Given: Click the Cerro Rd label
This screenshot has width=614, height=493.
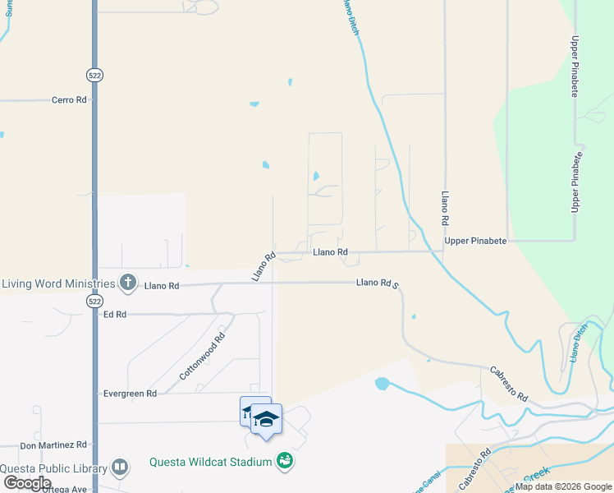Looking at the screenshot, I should tap(69, 100).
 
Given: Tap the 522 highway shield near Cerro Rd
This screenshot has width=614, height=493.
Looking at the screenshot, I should tap(95, 75).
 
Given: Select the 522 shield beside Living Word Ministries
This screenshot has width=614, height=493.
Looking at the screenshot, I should tap(95, 302).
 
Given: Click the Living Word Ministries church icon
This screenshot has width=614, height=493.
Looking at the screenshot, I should tap(127, 283).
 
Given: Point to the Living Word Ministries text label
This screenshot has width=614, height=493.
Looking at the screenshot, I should tap(58, 284).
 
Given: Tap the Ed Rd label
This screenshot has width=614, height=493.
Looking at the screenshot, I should tap(114, 315).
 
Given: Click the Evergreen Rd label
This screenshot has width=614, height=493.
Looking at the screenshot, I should tap(130, 394).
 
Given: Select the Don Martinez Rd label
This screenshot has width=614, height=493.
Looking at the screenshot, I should tap(53, 445).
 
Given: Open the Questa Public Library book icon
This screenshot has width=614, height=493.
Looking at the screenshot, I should tap(120, 468).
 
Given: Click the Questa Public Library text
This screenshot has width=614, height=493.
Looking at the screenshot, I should tap(54, 469).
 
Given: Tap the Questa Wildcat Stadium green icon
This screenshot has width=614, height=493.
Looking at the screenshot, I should tap(284, 461).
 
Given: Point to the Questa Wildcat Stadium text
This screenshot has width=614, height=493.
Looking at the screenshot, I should tap(210, 462).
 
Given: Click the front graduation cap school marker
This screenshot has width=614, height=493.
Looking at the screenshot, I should tap(266, 419).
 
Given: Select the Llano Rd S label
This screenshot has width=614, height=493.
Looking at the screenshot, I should tap(378, 283).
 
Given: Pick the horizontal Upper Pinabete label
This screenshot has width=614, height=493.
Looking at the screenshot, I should tap(475, 241).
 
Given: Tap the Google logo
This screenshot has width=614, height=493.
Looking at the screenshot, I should tap(27, 483).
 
